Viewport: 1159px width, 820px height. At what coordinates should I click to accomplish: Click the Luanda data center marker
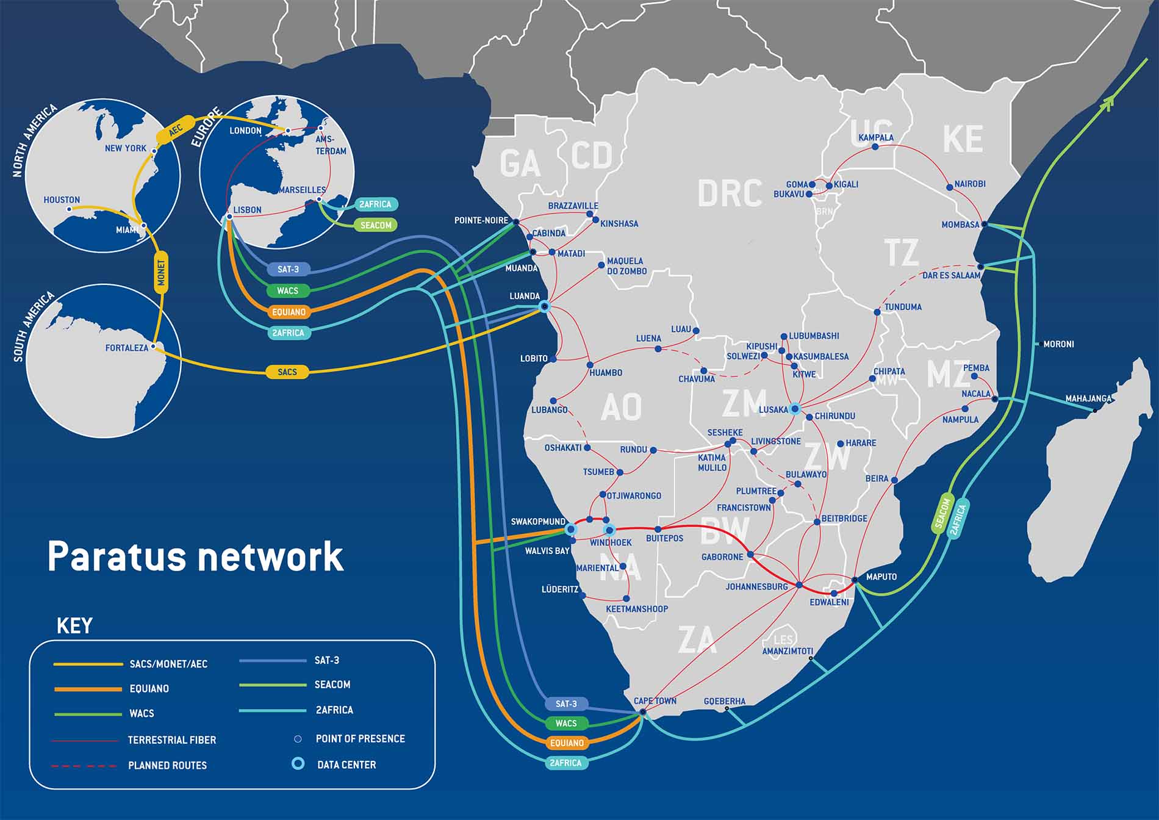pos(544,307)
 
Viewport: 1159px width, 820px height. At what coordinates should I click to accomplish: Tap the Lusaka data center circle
pos(795,409)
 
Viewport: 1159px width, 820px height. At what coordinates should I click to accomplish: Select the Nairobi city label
pos(970,184)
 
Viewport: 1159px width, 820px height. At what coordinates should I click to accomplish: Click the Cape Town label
pos(655,701)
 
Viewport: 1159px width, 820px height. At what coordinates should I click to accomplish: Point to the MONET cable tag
pos(161,272)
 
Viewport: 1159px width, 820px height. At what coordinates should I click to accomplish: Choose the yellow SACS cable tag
pos(287,372)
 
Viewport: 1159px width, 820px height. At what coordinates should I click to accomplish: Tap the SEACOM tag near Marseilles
pos(376,225)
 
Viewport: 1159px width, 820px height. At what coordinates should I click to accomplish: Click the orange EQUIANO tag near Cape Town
pos(567,743)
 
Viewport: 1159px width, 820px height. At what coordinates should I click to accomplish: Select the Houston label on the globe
pos(62,200)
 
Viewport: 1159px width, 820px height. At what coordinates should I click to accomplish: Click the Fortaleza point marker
pos(154,347)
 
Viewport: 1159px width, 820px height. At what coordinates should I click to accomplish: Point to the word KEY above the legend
pos(74,626)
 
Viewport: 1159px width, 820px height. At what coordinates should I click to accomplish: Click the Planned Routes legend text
pos(167,765)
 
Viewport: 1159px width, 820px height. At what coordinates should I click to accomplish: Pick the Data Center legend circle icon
pos(298,764)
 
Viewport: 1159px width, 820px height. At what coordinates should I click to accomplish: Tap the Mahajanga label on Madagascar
pos(1088,398)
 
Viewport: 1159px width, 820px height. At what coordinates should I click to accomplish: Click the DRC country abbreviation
pos(730,193)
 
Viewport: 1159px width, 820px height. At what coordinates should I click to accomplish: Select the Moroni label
pos(1058,344)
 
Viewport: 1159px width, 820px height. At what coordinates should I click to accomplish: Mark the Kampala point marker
pos(875,147)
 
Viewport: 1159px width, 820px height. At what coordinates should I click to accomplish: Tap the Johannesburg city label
pos(756,587)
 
